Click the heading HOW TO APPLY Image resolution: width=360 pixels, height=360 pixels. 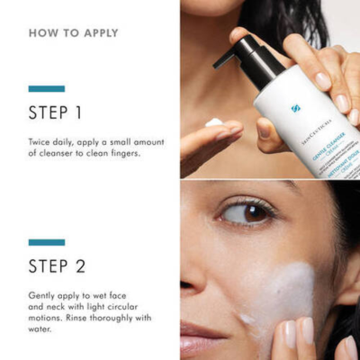tap(73, 33)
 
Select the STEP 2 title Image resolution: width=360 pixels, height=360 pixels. tap(56, 265)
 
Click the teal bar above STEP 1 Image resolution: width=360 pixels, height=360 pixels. tap(46, 89)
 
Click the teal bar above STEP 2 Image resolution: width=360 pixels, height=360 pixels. tap(46, 242)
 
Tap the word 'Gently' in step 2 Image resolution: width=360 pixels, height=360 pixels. tap(44, 295)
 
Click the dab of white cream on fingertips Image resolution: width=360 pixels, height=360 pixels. tap(213, 121)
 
